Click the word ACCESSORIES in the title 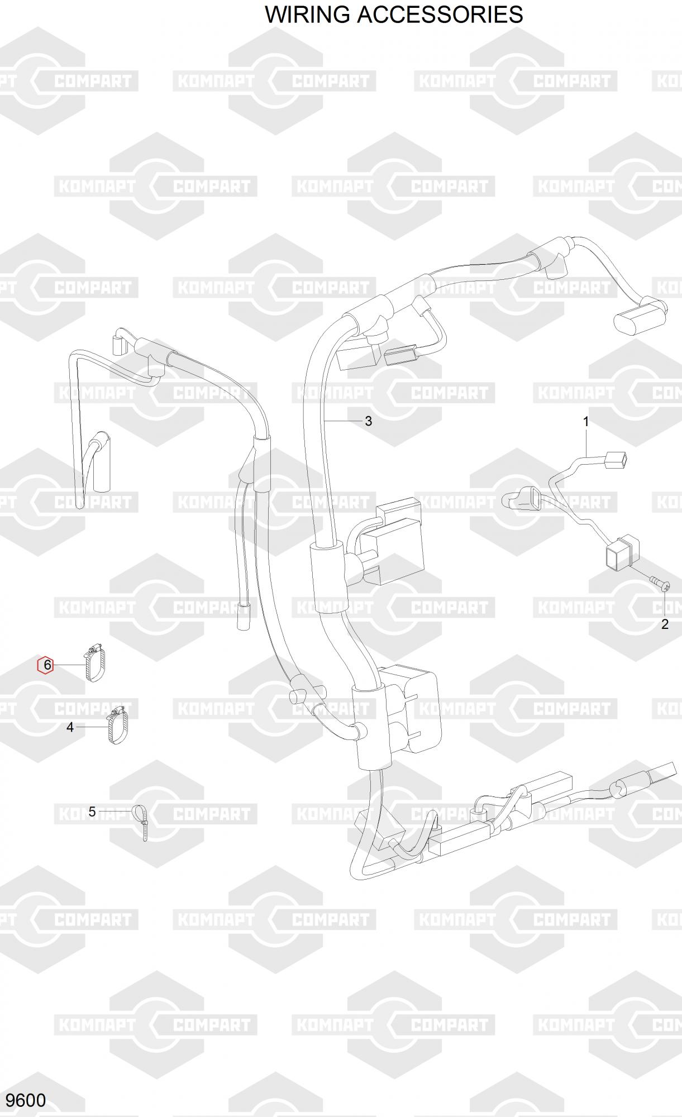440,15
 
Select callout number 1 586,422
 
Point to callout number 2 665,624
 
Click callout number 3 368,421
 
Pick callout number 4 70,727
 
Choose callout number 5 92,812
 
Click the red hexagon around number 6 45,665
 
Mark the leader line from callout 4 91,727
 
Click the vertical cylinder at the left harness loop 102,463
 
